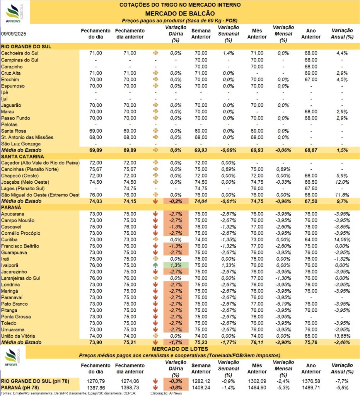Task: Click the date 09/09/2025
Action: pos(14,34)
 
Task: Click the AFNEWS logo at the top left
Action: pos(15,13)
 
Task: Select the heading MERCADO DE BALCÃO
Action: pos(180,14)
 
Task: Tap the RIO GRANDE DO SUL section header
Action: pos(26,47)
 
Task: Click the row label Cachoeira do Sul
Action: pos(20,53)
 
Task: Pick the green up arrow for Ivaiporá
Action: pos(155,265)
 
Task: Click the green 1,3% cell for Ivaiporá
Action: pos(176,265)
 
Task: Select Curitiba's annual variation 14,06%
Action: pos(342,240)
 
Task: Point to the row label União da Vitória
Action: pos(18,336)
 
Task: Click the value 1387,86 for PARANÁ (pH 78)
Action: pos(96,388)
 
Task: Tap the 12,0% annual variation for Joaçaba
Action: pos(342,182)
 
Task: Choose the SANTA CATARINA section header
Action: pos(22,157)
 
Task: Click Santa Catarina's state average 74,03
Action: pos(96,201)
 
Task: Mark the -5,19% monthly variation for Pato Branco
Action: pos(283,304)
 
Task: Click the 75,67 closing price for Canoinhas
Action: pos(96,169)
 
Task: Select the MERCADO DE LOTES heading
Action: pos(180,349)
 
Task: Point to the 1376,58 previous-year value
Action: pos(311,381)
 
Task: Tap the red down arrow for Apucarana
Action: pos(155,214)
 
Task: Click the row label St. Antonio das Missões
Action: pos(27,137)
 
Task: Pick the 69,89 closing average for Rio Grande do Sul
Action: pos(96,150)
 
